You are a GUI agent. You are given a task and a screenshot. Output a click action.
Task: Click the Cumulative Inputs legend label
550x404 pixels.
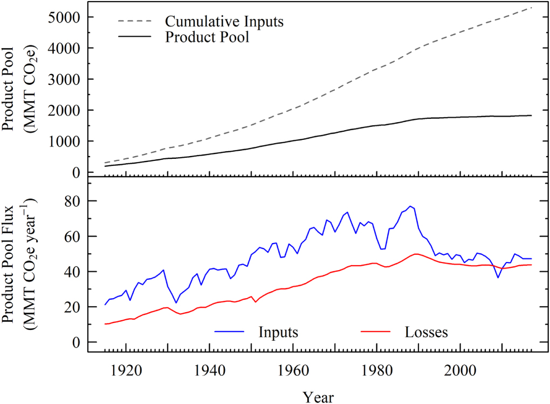pos(224,22)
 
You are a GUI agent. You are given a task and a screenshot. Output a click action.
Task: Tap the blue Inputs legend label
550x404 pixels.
pos(278,332)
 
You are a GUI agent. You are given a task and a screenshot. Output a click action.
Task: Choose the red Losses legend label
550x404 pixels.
pos(426,332)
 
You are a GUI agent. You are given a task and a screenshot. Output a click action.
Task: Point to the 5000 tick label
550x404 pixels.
pos(64,17)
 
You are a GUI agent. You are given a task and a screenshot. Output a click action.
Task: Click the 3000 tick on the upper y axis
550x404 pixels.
pos(64,79)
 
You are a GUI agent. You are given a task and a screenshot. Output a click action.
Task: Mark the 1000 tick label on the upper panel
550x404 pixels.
pos(64,142)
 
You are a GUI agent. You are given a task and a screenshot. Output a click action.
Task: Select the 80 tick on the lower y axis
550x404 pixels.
pos(72,201)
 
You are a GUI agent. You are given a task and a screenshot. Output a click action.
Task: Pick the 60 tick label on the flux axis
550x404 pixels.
pos(72,237)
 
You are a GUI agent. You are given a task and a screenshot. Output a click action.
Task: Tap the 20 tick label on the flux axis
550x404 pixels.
pos(72,307)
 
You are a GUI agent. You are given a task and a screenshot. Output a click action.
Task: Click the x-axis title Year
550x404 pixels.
pos(318,397)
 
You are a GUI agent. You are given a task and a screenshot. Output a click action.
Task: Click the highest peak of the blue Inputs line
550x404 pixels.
pos(410,206)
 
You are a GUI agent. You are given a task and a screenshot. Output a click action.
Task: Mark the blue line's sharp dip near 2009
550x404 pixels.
pos(498,278)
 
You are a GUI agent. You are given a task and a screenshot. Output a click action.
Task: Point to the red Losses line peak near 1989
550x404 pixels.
pos(415,253)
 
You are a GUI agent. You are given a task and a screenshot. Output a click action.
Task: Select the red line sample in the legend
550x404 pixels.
pos(378,332)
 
